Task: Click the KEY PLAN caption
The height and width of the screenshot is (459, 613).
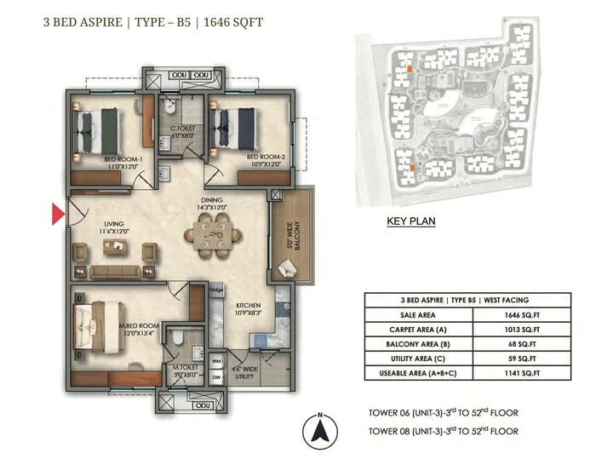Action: click(411, 221)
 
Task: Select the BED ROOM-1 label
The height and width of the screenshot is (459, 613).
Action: click(123, 160)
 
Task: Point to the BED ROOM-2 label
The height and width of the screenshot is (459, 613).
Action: click(265, 158)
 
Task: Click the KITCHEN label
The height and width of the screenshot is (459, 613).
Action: click(248, 306)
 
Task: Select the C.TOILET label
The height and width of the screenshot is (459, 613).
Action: click(183, 131)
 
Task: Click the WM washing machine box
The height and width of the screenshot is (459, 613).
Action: click(215, 361)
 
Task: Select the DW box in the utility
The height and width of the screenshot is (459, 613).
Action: click(215, 377)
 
